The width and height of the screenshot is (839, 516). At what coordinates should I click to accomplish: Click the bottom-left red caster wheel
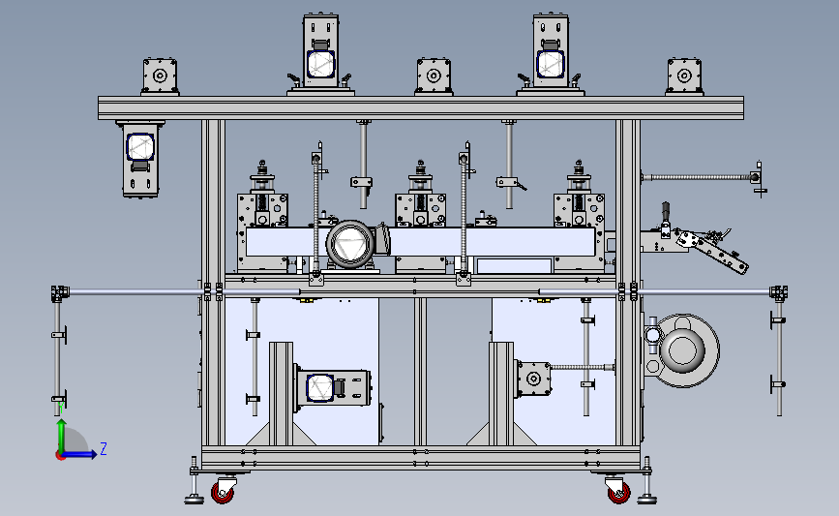pos(222,493)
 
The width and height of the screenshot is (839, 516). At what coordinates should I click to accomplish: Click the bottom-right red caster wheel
pos(619,493)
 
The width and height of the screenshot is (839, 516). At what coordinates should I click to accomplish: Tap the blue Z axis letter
pos(104,448)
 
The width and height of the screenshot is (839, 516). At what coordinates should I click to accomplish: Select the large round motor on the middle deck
pos(351,244)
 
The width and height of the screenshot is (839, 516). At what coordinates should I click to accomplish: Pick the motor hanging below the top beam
pos(140,159)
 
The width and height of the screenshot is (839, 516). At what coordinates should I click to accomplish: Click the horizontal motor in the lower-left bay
pos(332,387)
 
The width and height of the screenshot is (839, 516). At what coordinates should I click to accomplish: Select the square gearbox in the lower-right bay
pos(533,379)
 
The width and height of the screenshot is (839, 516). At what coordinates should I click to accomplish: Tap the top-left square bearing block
pos(160,76)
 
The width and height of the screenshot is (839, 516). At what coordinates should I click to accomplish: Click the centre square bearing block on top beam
pos(434,76)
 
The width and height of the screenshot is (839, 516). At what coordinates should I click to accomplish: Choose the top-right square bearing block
pos(684,76)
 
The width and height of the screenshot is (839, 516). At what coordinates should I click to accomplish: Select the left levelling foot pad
pos(195,500)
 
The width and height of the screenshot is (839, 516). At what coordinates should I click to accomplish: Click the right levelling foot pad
pos(646,500)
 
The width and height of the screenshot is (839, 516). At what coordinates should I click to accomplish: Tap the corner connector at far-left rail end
pos(60,293)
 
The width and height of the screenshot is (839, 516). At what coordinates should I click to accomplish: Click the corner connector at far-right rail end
pos(779,292)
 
